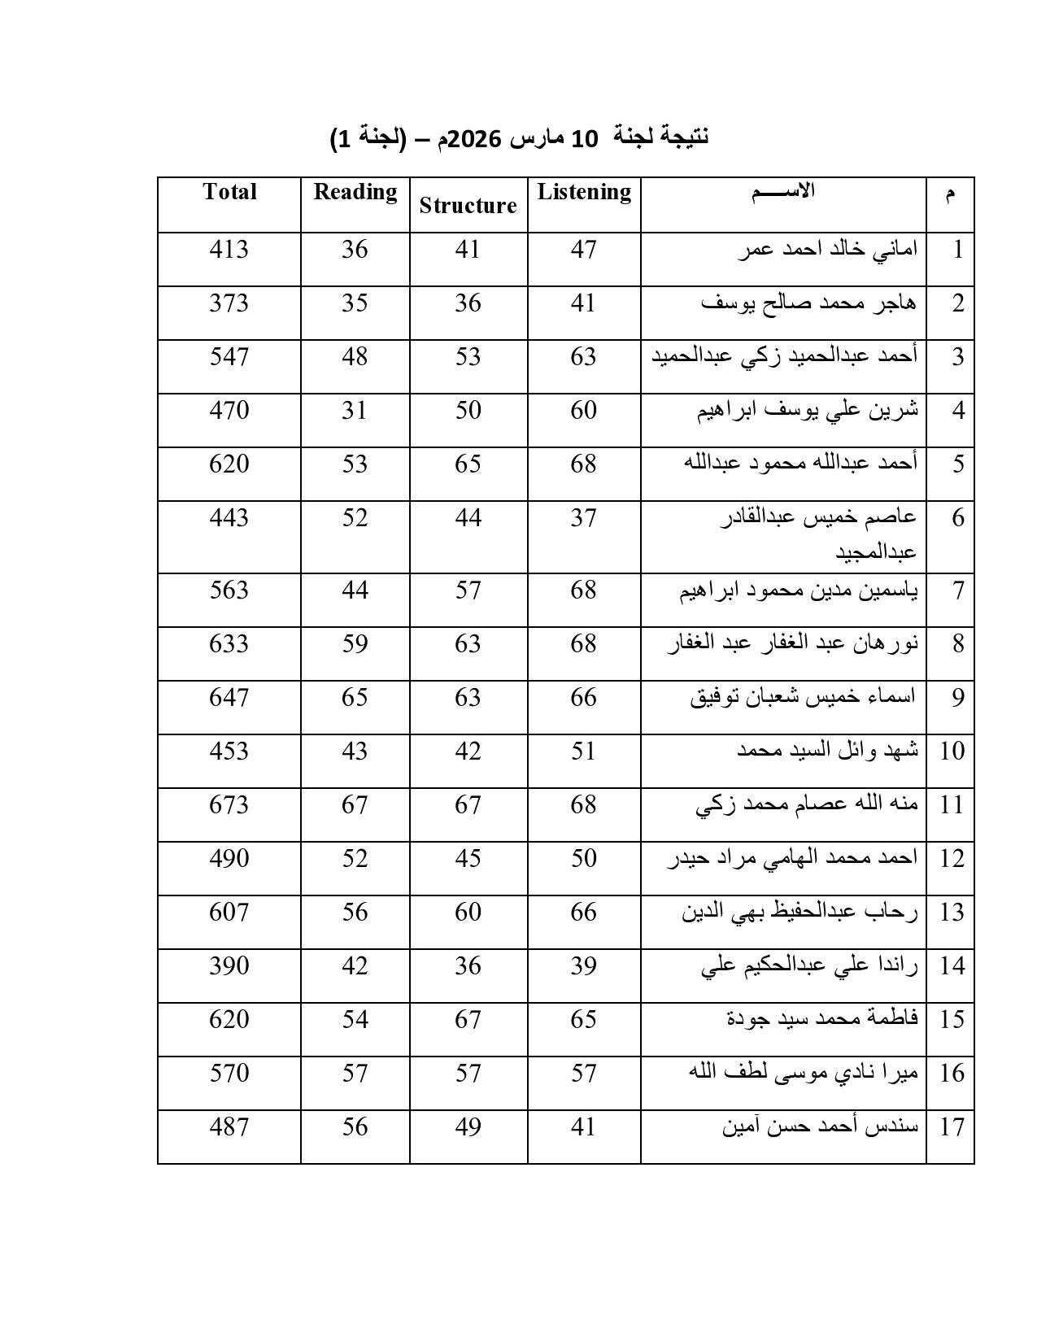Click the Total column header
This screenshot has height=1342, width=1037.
pos(229,192)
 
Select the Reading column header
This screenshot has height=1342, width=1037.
pos(355,192)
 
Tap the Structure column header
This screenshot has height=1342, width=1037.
pos(468,206)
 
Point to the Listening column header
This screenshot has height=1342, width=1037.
pos(584,192)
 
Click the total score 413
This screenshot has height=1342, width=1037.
pos(229,249)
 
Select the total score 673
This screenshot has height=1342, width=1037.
pos(229,804)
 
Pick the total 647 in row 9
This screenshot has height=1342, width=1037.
pos(229,697)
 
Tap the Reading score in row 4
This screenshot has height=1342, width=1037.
pos(355,410)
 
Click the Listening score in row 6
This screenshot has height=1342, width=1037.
pos(583,517)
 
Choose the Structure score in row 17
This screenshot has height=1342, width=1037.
pos(468,1126)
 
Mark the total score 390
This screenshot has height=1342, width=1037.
pos(229,965)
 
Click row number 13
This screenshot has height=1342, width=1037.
pos(952,913)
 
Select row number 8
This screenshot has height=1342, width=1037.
pos(958,644)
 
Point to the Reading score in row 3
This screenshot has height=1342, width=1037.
pos(355,356)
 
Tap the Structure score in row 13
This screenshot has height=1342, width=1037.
pos(468,912)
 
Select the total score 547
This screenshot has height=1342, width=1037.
pos(229,356)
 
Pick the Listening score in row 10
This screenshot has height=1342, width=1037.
pos(583,751)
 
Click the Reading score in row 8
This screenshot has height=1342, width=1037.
pos(355,643)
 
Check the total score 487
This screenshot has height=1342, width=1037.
pos(229,1126)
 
